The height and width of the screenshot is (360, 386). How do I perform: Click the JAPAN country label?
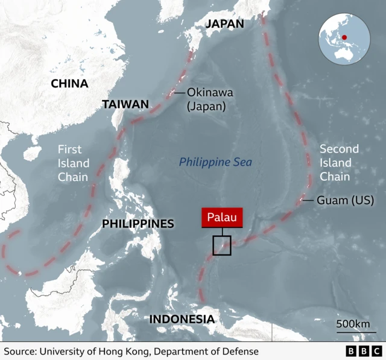[224, 24]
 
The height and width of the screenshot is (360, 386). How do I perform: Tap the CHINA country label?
[69, 84]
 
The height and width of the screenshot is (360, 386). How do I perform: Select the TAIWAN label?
[125, 104]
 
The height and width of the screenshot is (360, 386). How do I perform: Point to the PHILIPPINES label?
[138, 224]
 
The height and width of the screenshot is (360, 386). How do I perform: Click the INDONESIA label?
[182, 319]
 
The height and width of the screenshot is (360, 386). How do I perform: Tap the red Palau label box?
[222, 218]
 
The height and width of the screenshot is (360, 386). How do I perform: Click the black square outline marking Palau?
[222, 245]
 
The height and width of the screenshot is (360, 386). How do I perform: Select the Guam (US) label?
[345, 200]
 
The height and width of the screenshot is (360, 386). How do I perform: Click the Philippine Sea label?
[215, 162]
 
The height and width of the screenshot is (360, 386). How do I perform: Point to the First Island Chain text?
[74, 163]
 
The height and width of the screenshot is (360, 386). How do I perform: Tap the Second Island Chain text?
[338, 163]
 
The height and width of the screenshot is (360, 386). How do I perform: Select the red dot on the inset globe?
[344, 37]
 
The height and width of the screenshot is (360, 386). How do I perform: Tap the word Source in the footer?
[21, 352]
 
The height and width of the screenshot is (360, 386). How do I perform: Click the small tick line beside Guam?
[307, 200]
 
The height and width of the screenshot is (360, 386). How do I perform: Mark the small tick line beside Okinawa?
[179, 93]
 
